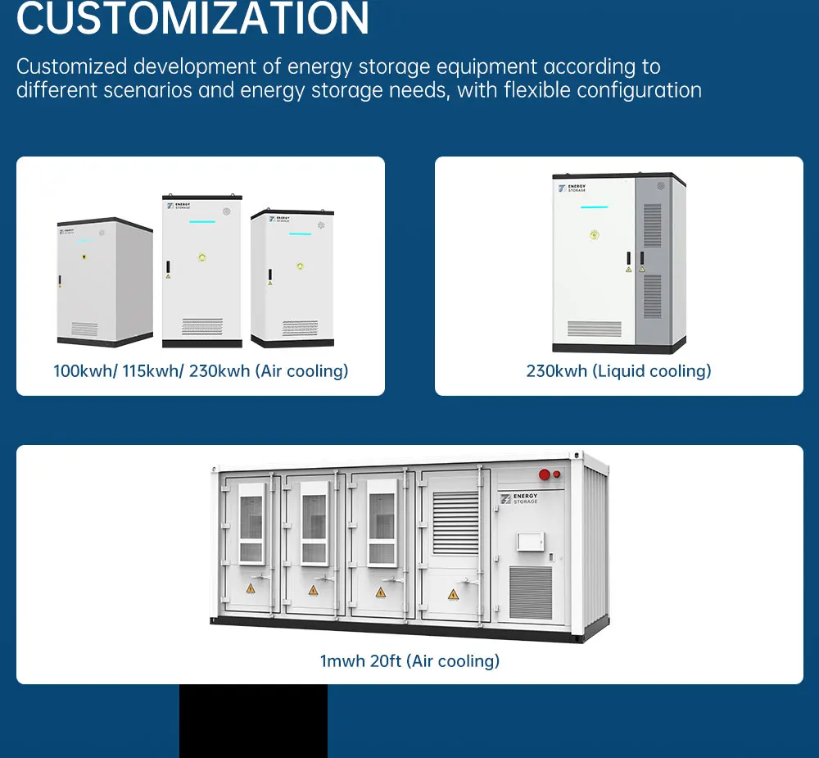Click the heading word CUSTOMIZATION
pyautogui.click(x=192, y=18)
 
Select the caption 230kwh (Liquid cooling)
pyautogui.click(x=618, y=371)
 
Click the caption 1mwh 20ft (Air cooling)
pyautogui.click(x=409, y=660)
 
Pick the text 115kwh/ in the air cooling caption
pyautogui.click(x=152, y=371)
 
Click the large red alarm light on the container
pyautogui.click(x=543, y=474)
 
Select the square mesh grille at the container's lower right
pyautogui.click(x=531, y=592)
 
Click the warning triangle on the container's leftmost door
pyautogui.click(x=251, y=589)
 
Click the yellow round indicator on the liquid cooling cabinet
pyautogui.click(x=595, y=235)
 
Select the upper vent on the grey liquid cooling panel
pyautogui.click(x=653, y=225)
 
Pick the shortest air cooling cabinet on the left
pyautogui.click(x=104, y=283)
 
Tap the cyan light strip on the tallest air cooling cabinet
pyautogui.click(x=201, y=221)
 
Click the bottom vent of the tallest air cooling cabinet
pyautogui.click(x=201, y=326)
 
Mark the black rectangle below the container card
pyautogui.click(x=253, y=721)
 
